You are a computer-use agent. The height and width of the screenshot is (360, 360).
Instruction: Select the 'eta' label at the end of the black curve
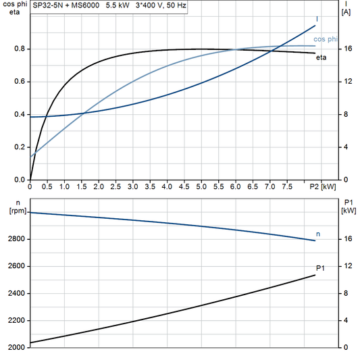322,57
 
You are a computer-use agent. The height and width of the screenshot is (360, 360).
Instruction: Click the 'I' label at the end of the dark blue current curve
317,19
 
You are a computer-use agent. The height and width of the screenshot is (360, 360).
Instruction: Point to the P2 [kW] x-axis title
323,186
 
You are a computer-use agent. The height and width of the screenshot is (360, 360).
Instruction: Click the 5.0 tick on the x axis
201,186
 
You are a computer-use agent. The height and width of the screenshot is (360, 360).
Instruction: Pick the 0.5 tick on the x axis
47,186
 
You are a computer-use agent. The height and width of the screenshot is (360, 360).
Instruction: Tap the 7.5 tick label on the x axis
286,186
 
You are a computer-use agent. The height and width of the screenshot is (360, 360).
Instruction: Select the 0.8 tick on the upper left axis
19,49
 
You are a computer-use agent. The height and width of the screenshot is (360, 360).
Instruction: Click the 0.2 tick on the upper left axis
19,147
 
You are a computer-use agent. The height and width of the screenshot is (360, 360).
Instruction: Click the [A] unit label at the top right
346,13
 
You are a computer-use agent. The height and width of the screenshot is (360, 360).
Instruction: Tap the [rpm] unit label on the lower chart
14,211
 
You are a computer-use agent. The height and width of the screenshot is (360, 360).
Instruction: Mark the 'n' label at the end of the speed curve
318,234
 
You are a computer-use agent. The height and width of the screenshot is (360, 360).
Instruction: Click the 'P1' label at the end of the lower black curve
320,269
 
